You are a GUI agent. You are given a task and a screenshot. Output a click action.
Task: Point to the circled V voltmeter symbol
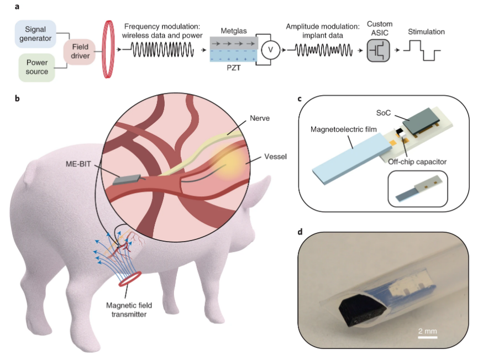[x=270, y=50]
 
